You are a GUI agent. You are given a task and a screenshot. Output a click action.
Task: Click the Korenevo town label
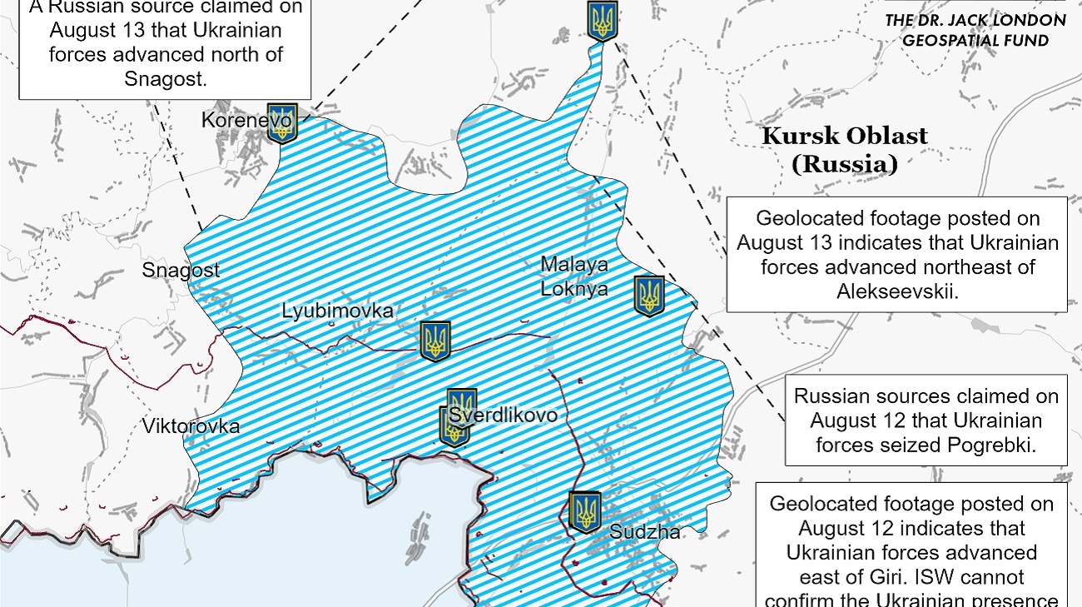tap(246, 121)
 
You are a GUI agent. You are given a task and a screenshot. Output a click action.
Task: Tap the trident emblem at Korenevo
tap(281, 122)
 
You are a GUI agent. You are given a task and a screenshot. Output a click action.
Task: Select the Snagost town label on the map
tap(181, 270)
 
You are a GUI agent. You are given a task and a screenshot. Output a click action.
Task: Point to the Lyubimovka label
tap(337, 311)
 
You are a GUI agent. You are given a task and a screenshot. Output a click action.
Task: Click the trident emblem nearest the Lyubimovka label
tap(434, 341)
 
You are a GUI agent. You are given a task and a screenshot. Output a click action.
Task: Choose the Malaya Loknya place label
tap(574, 276)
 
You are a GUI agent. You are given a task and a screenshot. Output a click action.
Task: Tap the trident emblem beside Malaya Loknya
tap(649, 296)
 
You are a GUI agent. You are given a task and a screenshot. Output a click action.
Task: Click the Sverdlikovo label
tap(503, 415)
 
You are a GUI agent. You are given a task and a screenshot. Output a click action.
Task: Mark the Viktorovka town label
tap(191, 426)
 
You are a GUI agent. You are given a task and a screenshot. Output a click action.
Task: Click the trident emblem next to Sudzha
tap(585, 511)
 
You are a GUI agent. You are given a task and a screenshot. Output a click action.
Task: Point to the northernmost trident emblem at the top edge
tap(602, 20)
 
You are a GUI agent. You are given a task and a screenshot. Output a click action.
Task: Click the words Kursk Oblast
tap(844, 136)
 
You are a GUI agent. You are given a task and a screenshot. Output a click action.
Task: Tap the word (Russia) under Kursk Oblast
tap(844, 164)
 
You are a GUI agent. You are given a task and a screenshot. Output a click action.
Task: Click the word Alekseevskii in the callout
tap(896, 291)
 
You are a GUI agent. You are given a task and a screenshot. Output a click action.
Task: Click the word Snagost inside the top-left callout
tap(164, 78)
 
